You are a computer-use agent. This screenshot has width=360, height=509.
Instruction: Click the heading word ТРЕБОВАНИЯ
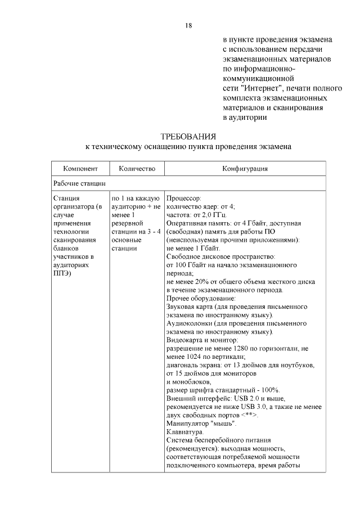[188, 137]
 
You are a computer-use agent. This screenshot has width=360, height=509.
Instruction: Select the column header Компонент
[80, 169]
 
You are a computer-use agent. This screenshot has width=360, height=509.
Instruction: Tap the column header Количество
[136, 169]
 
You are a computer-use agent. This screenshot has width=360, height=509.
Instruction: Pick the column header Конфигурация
[244, 169]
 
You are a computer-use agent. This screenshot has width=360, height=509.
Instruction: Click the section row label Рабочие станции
[80, 183]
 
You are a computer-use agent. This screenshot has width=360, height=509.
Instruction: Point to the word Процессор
[184, 199]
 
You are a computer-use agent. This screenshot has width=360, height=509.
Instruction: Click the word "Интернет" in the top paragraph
[260, 88]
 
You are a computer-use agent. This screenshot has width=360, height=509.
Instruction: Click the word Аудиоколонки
[191, 324]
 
